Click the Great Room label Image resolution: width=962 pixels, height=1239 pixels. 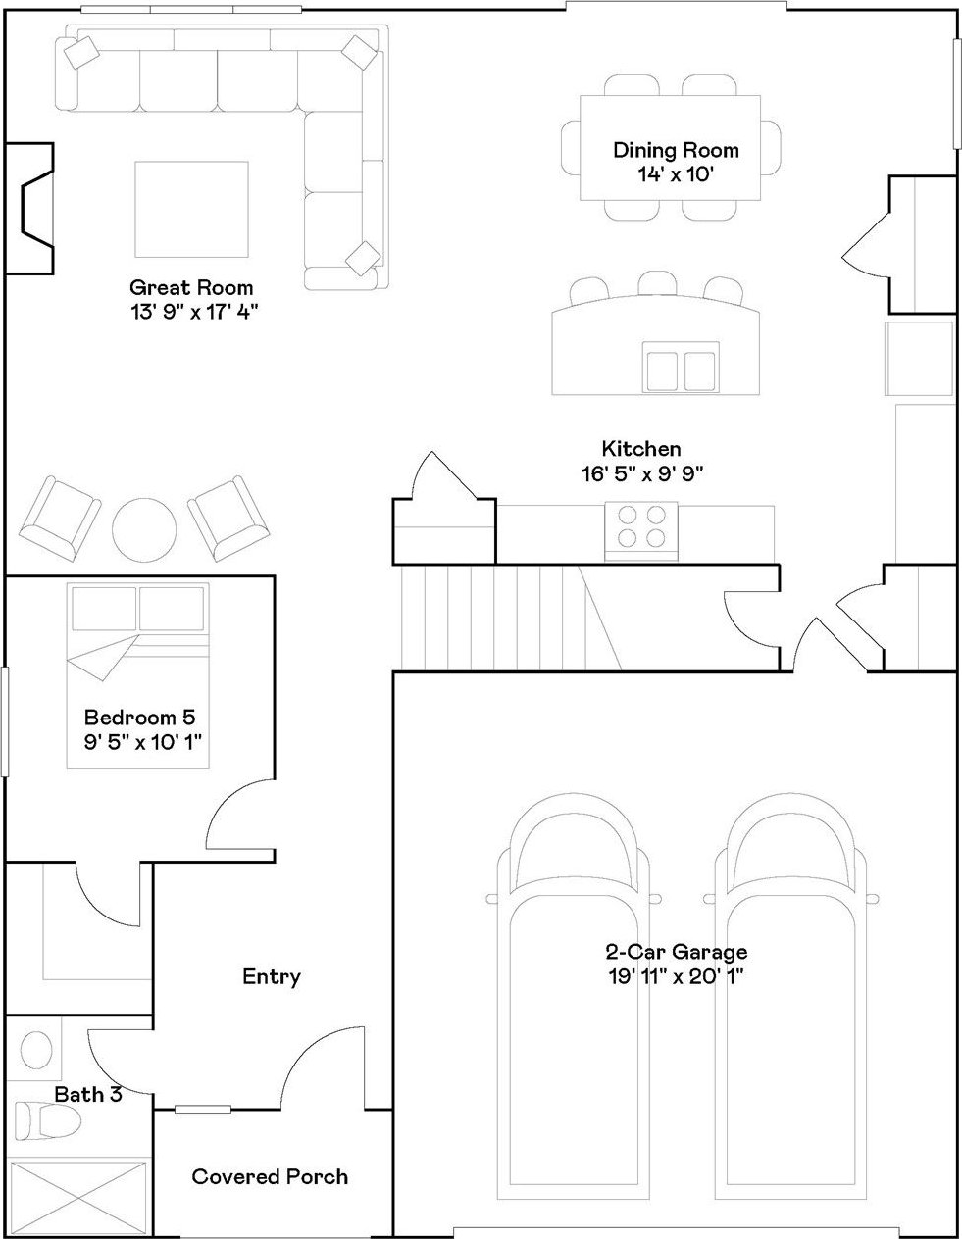point(191,287)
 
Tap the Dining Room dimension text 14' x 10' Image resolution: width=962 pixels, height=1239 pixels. point(676,173)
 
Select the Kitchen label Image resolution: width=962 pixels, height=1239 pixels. point(641,449)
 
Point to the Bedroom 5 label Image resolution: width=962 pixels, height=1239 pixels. point(139,717)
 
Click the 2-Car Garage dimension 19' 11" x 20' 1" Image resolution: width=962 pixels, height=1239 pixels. point(677,976)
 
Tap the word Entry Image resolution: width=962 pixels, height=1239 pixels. point(272,976)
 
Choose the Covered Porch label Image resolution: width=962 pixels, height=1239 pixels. point(270,1177)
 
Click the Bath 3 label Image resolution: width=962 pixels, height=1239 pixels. point(88,1094)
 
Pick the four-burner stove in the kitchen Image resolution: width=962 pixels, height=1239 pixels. point(641,531)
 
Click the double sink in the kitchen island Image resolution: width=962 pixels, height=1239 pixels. point(681,368)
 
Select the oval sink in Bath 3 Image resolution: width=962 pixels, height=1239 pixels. point(36,1050)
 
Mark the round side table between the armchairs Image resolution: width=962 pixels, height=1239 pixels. point(144,530)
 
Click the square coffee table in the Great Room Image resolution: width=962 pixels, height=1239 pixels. point(191,209)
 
